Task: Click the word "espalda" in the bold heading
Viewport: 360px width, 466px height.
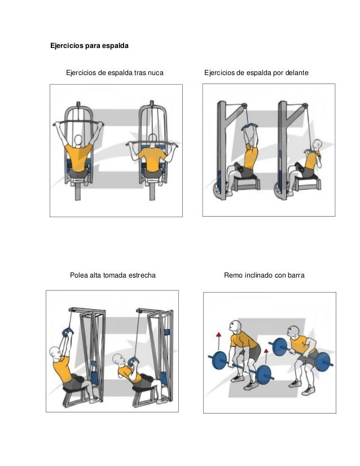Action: pos(115,46)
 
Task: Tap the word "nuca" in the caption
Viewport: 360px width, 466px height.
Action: pos(156,73)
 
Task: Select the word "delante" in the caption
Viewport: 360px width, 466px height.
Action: pos(297,73)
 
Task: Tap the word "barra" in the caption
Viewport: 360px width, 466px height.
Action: pos(296,275)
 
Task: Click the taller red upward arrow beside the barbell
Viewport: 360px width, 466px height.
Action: pos(219,341)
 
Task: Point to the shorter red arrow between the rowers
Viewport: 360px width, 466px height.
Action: pos(266,357)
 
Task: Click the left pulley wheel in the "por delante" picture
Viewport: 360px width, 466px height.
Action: pos(244,106)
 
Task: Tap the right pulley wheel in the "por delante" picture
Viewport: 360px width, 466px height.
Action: pos(305,106)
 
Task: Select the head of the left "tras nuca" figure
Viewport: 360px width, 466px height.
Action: pos(78,140)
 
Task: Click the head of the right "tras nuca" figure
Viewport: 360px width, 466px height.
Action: pos(152,139)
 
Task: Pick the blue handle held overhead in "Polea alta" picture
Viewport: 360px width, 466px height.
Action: pos(68,332)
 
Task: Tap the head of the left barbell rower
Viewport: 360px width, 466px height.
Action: pos(235,326)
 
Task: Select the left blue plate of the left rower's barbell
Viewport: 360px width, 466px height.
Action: pos(219,360)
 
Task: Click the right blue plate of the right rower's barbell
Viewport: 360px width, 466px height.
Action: pos(323,362)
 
